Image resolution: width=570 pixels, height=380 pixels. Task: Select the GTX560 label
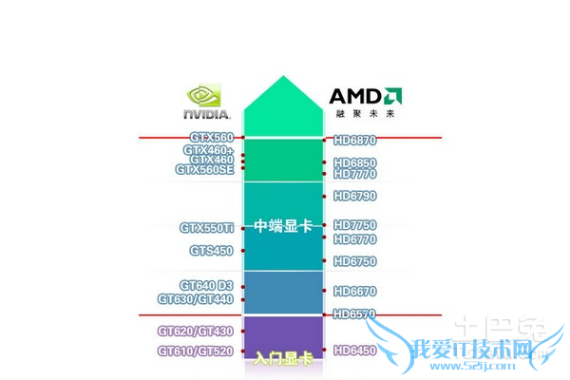[x=211, y=138]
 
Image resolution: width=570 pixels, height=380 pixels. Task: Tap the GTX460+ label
[x=209, y=150]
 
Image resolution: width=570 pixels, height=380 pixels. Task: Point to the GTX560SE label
[x=204, y=170]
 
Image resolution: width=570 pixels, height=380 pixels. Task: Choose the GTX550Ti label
[x=206, y=228]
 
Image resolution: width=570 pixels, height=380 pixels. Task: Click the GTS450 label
[x=211, y=251]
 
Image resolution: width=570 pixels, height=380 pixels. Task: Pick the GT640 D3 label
[x=206, y=285]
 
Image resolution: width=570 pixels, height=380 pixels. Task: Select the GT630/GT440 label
[x=196, y=299]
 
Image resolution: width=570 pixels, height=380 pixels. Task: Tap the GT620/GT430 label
[x=196, y=331]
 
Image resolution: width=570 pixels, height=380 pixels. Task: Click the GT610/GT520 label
[x=196, y=351]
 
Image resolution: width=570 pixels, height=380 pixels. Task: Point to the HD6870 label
[x=355, y=140]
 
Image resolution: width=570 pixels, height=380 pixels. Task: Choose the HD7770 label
[x=355, y=174]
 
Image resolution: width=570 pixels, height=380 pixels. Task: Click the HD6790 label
[x=355, y=196]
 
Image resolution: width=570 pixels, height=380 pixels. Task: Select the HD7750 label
[x=355, y=225]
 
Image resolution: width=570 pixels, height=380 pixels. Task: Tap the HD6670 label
[x=355, y=291]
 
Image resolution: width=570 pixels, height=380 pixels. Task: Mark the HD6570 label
[x=355, y=313]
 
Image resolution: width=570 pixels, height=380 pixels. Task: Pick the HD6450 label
[x=355, y=351]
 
